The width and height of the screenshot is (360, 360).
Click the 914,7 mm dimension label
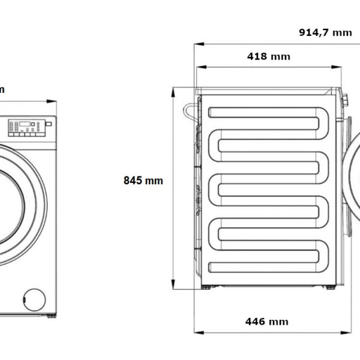(x=325, y=32)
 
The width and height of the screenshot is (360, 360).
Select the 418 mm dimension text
(x=268, y=56)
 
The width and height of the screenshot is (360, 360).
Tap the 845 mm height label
(x=143, y=180)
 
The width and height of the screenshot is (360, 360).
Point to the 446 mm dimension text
(x=266, y=322)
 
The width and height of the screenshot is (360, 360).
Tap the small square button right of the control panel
(x=49, y=124)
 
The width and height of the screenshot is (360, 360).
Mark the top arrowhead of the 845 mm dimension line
(x=173, y=90)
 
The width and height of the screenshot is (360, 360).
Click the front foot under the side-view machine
(x=329, y=287)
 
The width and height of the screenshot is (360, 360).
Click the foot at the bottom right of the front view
(x=51, y=315)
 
